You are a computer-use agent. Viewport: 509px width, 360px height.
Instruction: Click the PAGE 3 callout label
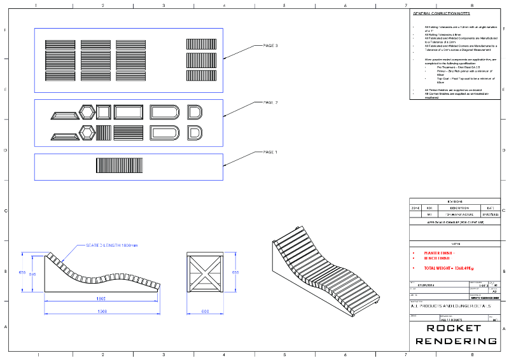270,46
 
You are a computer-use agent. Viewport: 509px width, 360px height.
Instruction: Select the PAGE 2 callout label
270,102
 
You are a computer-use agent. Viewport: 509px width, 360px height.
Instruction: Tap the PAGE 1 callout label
270,152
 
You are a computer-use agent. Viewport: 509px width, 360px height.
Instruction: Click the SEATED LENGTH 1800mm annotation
112,246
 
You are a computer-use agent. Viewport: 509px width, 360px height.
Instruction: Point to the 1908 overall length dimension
102,312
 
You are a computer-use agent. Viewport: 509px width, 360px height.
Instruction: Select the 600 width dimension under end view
205,312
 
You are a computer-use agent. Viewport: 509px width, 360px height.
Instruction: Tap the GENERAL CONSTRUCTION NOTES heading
442,13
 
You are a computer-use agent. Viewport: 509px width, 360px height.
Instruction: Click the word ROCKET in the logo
454,328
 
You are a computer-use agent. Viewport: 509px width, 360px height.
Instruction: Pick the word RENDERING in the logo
456,341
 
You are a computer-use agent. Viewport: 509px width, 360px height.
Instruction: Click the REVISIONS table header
455,201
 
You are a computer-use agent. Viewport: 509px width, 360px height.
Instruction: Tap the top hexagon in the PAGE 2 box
87,113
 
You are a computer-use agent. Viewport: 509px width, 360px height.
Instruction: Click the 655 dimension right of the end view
235,272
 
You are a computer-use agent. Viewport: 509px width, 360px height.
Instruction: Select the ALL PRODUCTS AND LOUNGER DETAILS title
447,307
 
